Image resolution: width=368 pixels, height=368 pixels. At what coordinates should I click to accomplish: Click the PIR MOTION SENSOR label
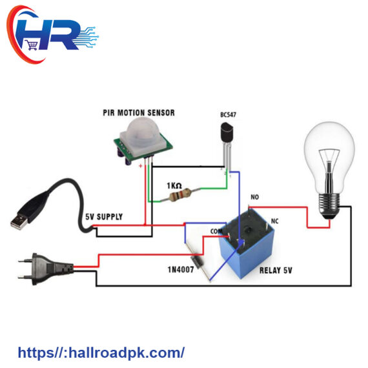[139, 113]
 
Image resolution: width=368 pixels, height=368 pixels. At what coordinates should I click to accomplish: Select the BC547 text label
[228, 115]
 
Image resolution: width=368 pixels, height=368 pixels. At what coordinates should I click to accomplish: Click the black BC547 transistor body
[227, 132]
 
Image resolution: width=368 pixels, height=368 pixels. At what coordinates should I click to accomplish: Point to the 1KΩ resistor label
[174, 186]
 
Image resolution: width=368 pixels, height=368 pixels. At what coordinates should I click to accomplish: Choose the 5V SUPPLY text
[104, 217]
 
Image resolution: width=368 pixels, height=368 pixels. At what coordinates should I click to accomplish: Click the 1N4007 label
[181, 270]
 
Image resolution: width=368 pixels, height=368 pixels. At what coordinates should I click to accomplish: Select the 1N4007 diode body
[196, 261]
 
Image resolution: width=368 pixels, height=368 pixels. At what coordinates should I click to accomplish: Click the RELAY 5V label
[276, 271]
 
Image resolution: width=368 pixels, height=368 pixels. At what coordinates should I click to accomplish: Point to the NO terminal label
[254, 197]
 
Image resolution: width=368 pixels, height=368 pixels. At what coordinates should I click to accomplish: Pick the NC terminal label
[274, 221]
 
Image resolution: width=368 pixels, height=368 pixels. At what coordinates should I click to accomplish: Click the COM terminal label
[216, 231]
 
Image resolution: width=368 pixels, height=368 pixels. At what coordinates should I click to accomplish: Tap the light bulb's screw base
[329, 204]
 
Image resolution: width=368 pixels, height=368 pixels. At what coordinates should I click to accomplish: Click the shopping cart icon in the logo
[32, 45]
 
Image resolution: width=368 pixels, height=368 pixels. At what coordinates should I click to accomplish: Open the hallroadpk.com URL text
[101, 353]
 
